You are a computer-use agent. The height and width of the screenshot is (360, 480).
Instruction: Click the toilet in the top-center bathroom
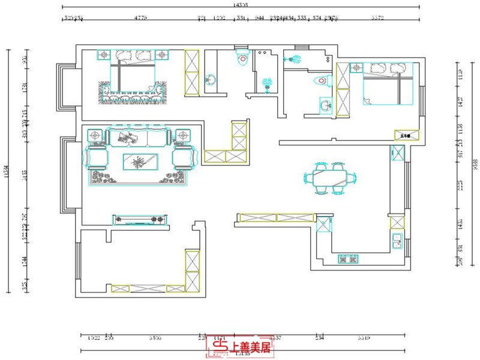(242, 58)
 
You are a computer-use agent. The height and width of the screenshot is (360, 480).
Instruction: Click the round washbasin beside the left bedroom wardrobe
(210, 79)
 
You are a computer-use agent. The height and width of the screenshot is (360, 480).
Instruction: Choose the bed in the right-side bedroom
(388, 83)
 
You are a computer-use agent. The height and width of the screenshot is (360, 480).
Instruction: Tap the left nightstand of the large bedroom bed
(103, 55)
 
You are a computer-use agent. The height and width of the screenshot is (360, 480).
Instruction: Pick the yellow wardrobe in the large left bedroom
(191, 72)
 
